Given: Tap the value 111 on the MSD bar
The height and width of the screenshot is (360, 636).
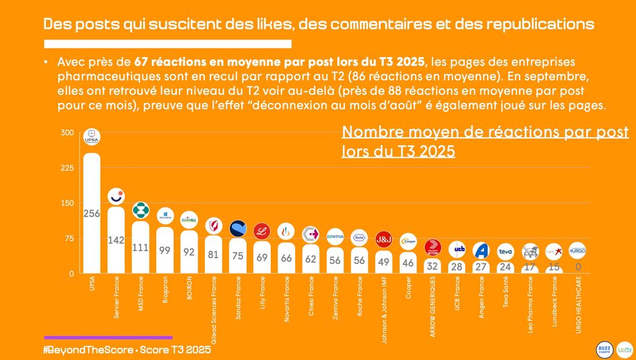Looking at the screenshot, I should pyautogui.click(x=140, y=248).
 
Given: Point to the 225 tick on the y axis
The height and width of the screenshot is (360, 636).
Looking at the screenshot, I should pyautogui.click(x=67, y=168).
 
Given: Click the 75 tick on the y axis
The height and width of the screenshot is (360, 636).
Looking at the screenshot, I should pyautogui.click(x=67, y=239).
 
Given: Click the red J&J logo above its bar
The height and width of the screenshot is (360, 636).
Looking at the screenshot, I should pyautogui.click(x=384, y=239).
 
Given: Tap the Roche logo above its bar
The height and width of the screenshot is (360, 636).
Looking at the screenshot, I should pyautogui.click(x=359, y=237).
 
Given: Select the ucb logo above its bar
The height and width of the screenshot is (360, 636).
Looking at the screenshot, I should pyautogui.click(x=457, y=249).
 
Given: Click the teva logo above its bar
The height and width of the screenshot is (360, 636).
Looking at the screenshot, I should pyautogui.click(x=505, y=251).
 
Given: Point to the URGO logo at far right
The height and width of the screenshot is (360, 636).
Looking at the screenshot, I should pyautogui.click(x=577, y=249).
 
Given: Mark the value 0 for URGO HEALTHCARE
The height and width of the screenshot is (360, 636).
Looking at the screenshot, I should pyautogui.click(x=578, y=268).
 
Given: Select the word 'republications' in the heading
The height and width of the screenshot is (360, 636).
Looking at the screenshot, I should pyautogui.click(x=543, y=25).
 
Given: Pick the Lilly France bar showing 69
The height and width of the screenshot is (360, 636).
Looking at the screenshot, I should pyautogui.click(x=262, y=257).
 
